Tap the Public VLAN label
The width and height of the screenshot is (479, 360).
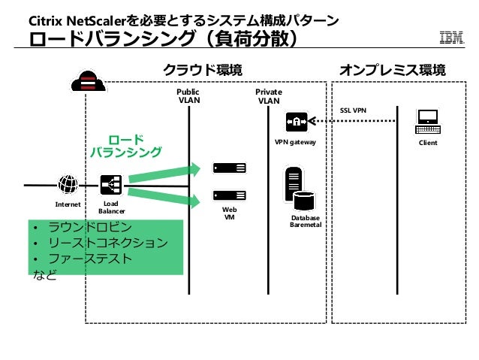[188, 95]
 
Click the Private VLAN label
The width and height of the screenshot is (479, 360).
[268, 95]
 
